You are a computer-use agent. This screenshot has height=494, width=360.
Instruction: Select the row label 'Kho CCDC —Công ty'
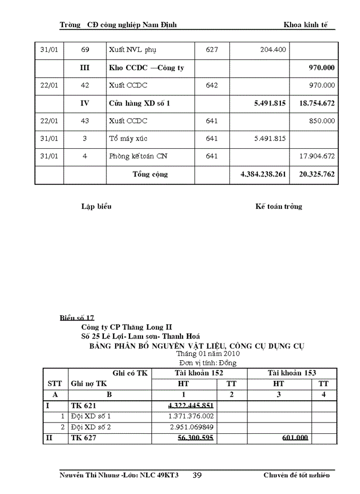[147, 68]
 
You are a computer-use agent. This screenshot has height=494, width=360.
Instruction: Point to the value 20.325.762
[317, 175]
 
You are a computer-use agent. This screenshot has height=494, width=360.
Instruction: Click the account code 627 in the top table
[212, 50]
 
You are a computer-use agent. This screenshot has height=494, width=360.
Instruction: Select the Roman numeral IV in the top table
[85, 103]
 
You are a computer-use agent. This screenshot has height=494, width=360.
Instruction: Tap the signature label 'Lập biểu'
[96, 207]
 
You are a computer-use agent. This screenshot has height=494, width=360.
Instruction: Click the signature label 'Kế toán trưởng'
[279, 207]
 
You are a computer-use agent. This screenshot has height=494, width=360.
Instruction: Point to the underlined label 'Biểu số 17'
[77, 318]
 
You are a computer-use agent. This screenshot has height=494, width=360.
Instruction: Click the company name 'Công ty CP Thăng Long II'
[127, 327]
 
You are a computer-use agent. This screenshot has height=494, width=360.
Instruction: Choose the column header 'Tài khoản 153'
[292, 373]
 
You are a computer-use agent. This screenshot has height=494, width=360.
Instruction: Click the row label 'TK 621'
[83, 405]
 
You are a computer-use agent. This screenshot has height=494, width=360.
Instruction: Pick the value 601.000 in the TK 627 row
[295, 438]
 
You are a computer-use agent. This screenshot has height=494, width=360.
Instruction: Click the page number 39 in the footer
[197, 475]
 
